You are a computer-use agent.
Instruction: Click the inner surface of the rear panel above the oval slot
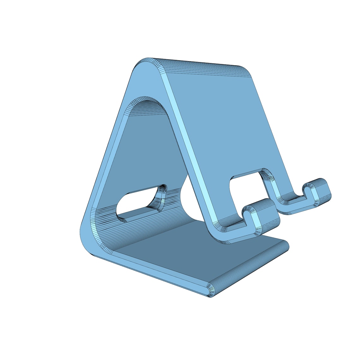pos(145,152)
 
